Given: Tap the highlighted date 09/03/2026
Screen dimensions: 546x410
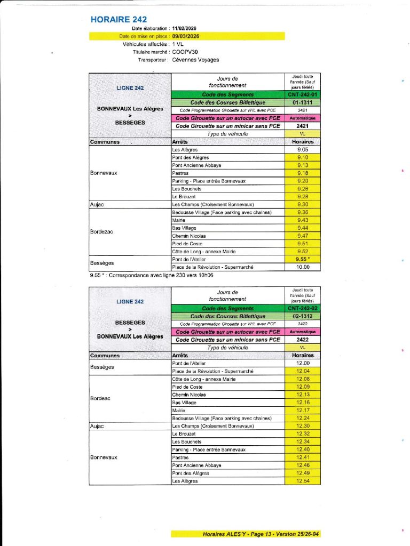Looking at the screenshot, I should (x=188, y=36).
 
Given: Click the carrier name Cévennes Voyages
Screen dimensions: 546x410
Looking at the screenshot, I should (x=195, y=60).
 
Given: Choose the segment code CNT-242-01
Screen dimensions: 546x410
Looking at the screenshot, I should (x=302, y=94).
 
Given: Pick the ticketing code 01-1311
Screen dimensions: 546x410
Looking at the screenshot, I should (x=302, y=102).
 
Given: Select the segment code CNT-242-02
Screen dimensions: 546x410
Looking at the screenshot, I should (x=302, y=308).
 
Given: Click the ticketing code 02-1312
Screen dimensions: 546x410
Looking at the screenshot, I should (x=302, y=316).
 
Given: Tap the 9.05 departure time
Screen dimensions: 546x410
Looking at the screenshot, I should (x=302, y=150).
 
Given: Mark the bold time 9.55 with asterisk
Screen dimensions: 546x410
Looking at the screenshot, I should (x=303, y=259).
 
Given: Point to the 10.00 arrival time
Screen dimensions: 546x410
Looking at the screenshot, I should (x=302, y=267).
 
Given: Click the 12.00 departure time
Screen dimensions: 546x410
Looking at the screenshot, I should (x=302, y=363).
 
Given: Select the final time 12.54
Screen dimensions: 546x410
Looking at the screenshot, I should (x=302, y=481).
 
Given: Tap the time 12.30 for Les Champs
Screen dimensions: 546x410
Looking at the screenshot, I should (x=302, y=426).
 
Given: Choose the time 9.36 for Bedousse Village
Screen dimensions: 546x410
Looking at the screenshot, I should (x=302, y=212).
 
